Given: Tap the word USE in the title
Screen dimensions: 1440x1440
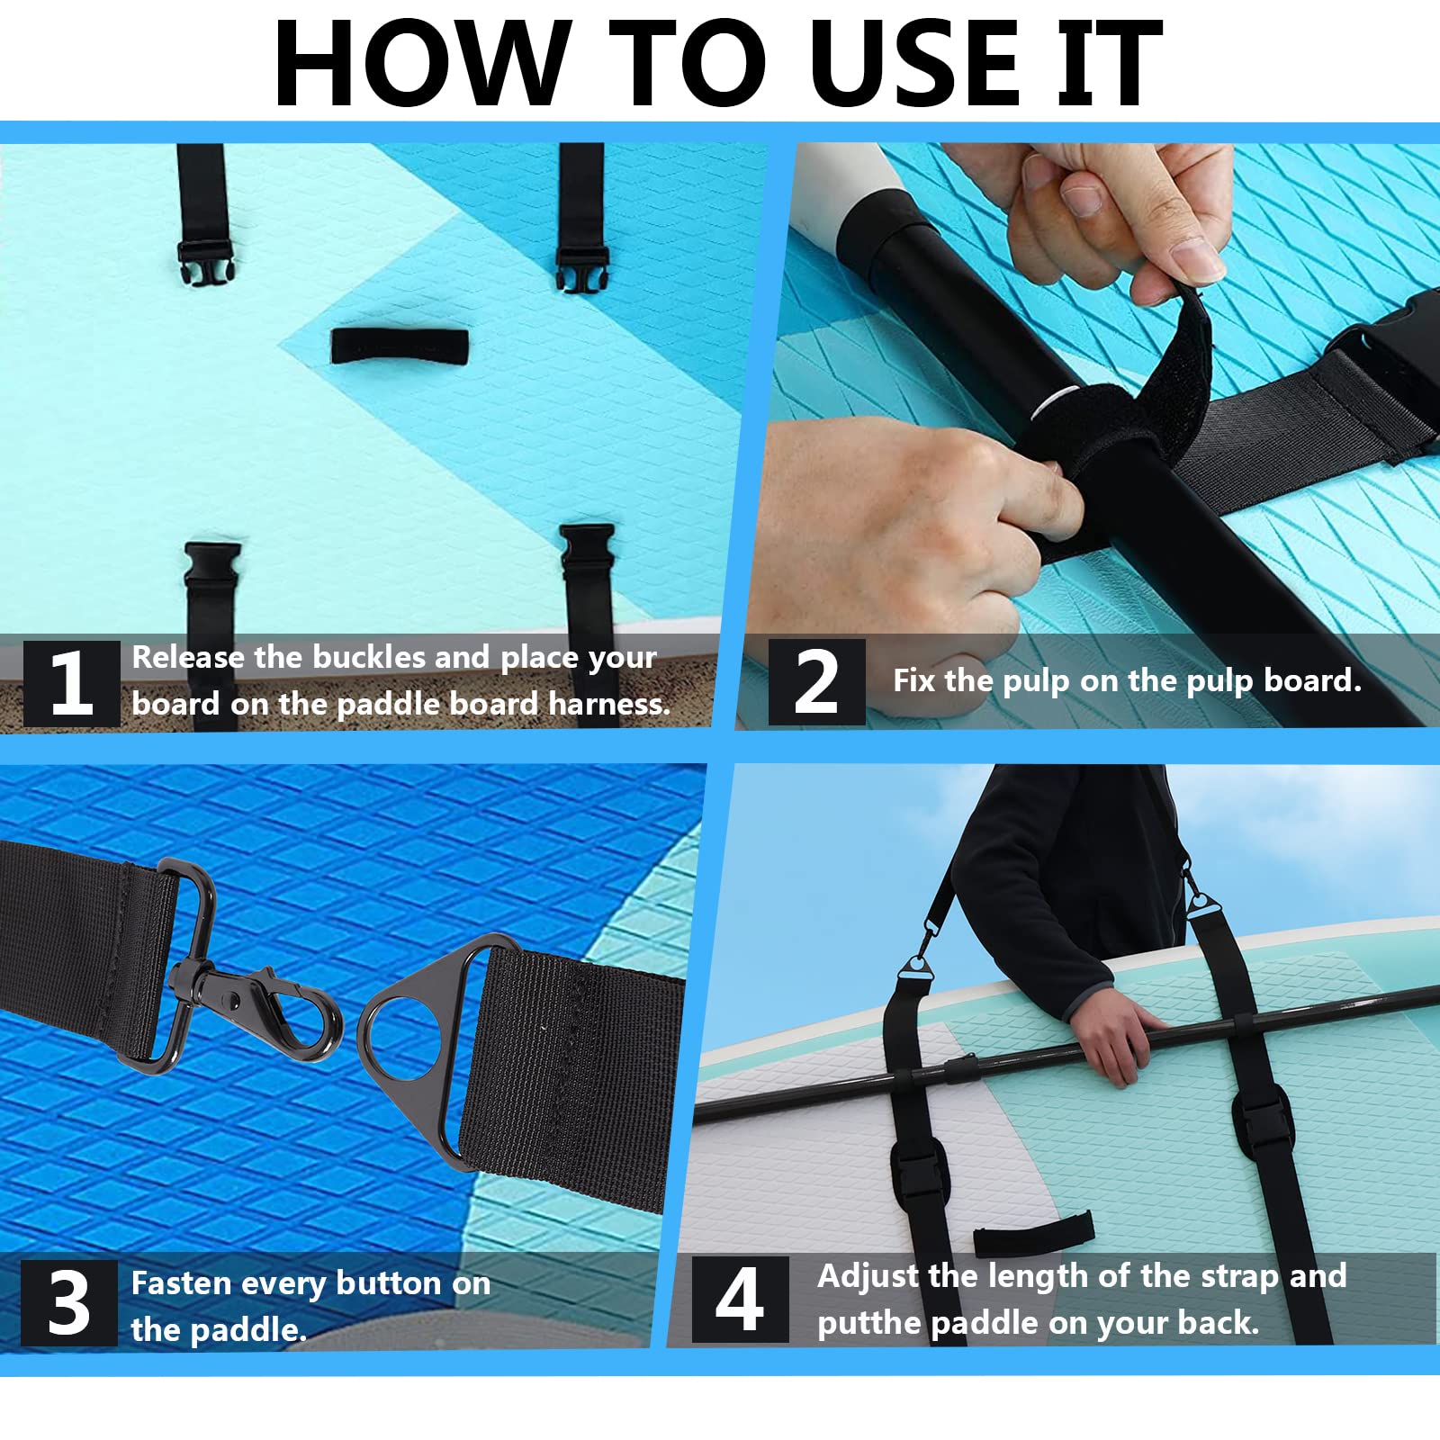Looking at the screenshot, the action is pyautogui.click(x=914, y=63).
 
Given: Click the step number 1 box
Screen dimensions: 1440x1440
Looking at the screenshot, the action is pyautogui.click(x=71, y=683).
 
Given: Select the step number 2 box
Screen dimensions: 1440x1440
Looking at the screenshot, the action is pyautogui.click(x=816, y=682).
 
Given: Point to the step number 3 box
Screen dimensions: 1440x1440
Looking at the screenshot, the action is pyautogui.click(x=68, y=1302).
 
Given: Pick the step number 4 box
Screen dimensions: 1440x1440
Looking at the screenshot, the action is pyautogui.click(x=740, y=1299).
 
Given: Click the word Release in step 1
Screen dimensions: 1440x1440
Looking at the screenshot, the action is pyautogui.click(x=188, y=657).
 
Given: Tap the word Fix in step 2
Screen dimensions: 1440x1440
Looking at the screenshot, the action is pyautogui.click(x=914, y=680).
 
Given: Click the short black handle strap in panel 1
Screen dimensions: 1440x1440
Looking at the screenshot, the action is pyautogui.click(x=400, y=346).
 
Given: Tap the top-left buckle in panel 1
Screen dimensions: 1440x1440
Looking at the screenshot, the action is pyautogui.click(x=206, y=264).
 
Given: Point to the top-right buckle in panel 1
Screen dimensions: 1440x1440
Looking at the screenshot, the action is pyautogui.click(x=583, y=269).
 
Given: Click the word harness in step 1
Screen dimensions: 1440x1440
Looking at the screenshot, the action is pyautogui.click(x=608, y=704).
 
